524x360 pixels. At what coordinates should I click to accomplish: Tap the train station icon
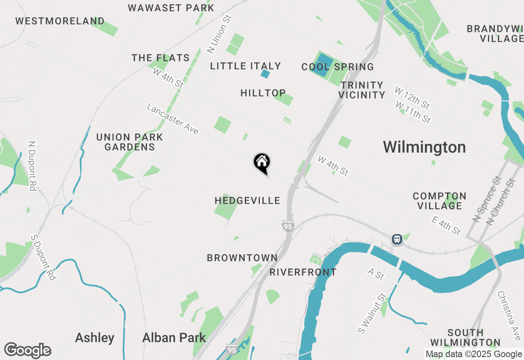coord(396,239)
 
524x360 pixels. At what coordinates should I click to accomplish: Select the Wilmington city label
coord(424,147)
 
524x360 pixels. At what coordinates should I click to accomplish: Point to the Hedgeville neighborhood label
coord(247,200)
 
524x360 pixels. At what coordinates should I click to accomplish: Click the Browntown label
coord(242,258)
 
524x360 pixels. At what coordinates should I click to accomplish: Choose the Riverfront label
coord(303,272)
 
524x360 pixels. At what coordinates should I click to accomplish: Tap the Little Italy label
coord(245,66)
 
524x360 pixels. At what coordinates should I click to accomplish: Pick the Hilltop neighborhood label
coord(263,93)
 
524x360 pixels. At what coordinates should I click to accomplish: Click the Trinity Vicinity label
coord(361,90)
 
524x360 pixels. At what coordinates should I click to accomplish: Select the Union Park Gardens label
coord(129,142)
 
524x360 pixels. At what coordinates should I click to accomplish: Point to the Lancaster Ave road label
coord(172,119)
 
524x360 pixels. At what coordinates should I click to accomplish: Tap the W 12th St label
coord(412,97)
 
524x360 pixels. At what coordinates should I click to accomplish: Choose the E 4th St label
coord(446,226)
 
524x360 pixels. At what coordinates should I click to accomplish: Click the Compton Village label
coord(439,201)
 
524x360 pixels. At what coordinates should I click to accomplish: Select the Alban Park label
coord(174,338)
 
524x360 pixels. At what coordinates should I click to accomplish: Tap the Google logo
coord(27,350)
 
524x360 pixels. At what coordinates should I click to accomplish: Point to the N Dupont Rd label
coord(32,166)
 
